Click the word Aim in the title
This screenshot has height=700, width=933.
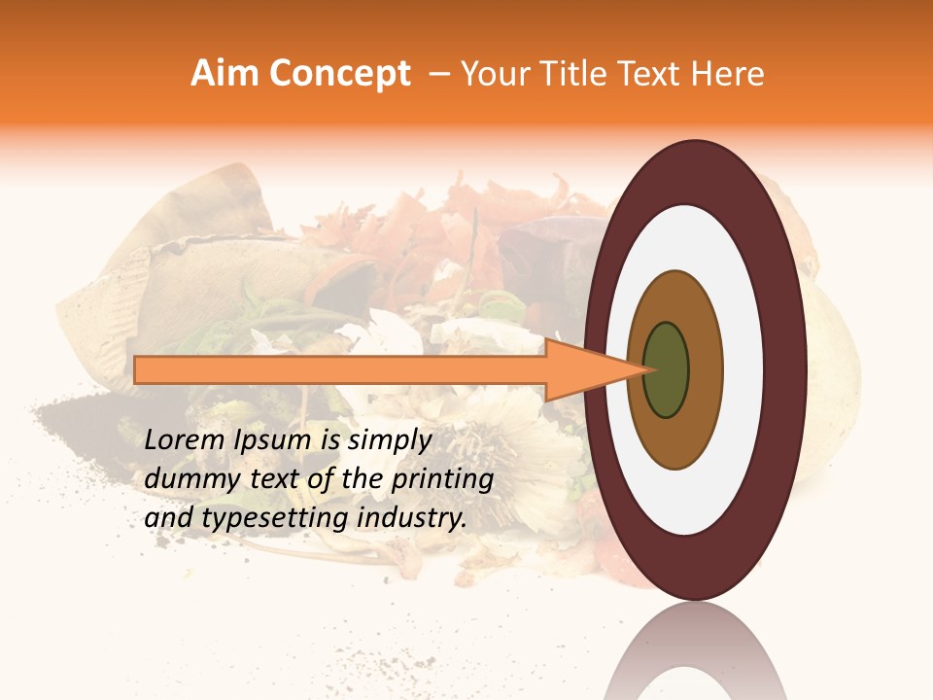pyautogui.click(x=225, y=74)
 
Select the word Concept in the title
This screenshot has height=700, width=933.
pyautogui.click(x=339, y=74)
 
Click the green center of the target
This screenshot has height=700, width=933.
pyautogui.click(x=667, y=369)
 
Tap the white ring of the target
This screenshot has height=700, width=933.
pyautogui.click(x=748, y=369)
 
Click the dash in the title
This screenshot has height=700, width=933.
pyautogui.click(x=439, y=74)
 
